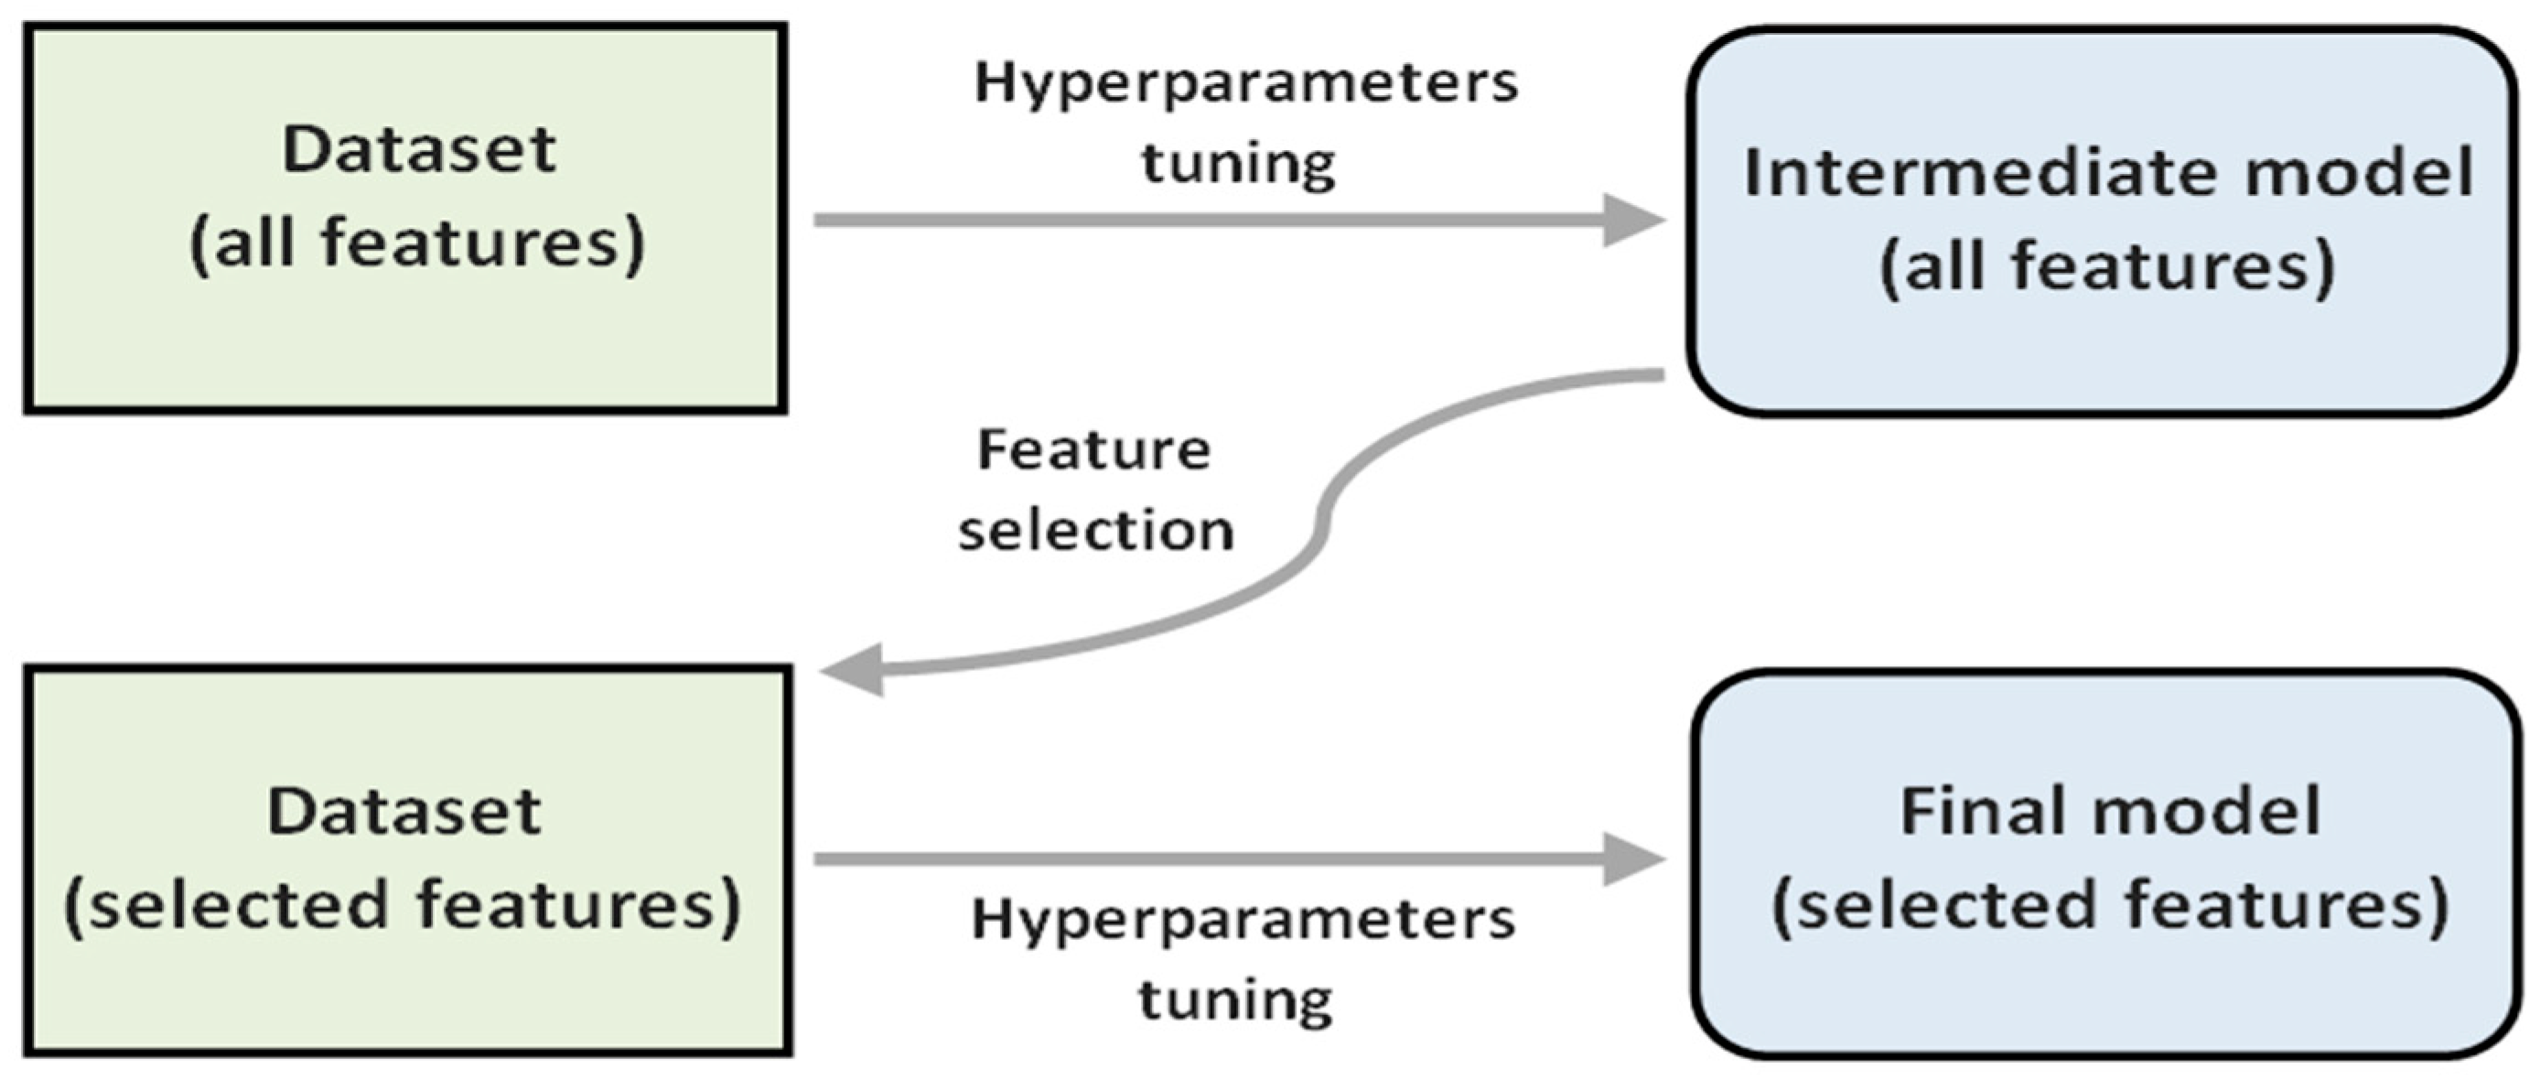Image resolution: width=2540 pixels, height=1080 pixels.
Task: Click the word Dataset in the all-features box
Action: (419, 150)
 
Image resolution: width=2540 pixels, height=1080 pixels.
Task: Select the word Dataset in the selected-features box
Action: (404, 812)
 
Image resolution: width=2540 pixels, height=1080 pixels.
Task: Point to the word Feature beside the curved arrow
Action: (1093, 449)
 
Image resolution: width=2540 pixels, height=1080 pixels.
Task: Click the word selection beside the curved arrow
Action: (1095, 531)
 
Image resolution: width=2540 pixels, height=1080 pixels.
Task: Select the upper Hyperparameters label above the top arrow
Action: (1245, 83)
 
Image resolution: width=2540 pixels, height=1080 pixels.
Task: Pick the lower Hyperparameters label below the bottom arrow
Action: (1243, 920)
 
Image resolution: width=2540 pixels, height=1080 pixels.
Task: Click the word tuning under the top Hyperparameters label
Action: (1239, 163)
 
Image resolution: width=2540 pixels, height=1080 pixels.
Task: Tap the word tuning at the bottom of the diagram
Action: (1235, 999)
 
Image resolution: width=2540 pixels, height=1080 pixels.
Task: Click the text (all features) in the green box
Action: (416, 243)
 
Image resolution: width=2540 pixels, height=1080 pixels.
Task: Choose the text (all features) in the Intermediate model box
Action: (2107, 267)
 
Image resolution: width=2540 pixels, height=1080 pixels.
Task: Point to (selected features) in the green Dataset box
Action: (403, 905)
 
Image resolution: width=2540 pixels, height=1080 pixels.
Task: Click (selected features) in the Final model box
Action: (2110, 905)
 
